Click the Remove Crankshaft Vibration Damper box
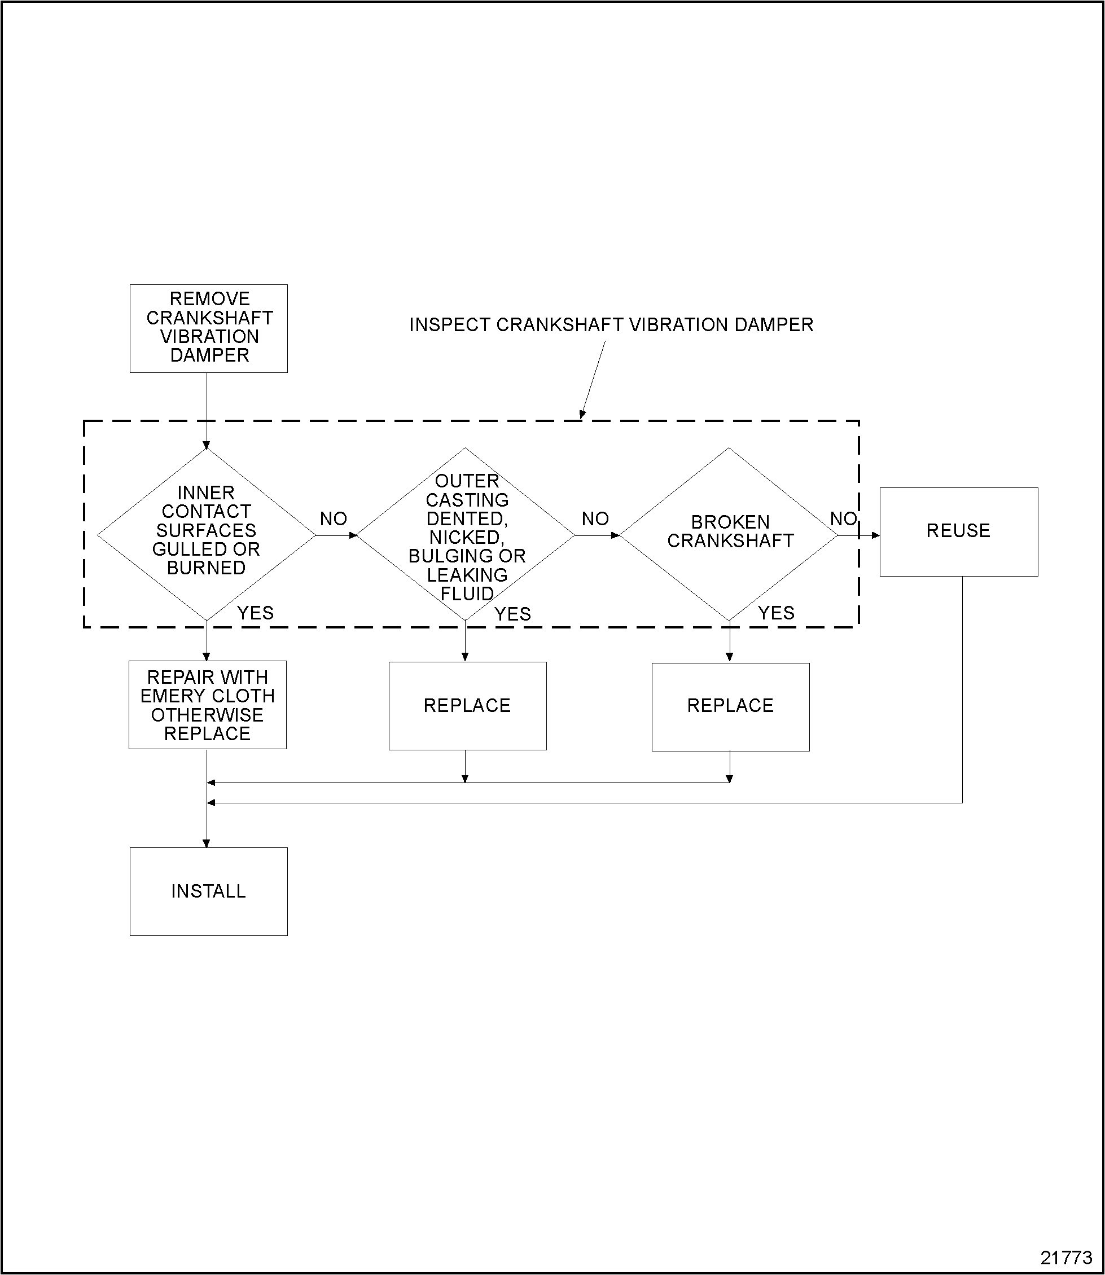tap(208, 328)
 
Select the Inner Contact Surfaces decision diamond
tap(206, 534)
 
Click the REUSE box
tap(958, 531)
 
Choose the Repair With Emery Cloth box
tap(207, 705)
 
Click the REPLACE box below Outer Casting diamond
tap(467, 705)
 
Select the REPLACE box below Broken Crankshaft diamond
tap(730, 706)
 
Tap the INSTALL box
tap(208, 891)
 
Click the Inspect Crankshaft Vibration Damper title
tap(611, 325)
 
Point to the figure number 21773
tap(1066, 1258)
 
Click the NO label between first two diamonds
tap(334, 519)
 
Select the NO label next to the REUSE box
tap(844, 519)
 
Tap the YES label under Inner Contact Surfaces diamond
tap(255, 613)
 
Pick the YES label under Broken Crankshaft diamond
tap(777, 613)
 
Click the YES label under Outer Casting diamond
tap(512, 614)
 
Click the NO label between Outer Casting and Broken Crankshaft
tap(595, 519)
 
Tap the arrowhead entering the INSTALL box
tap(207, 843)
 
